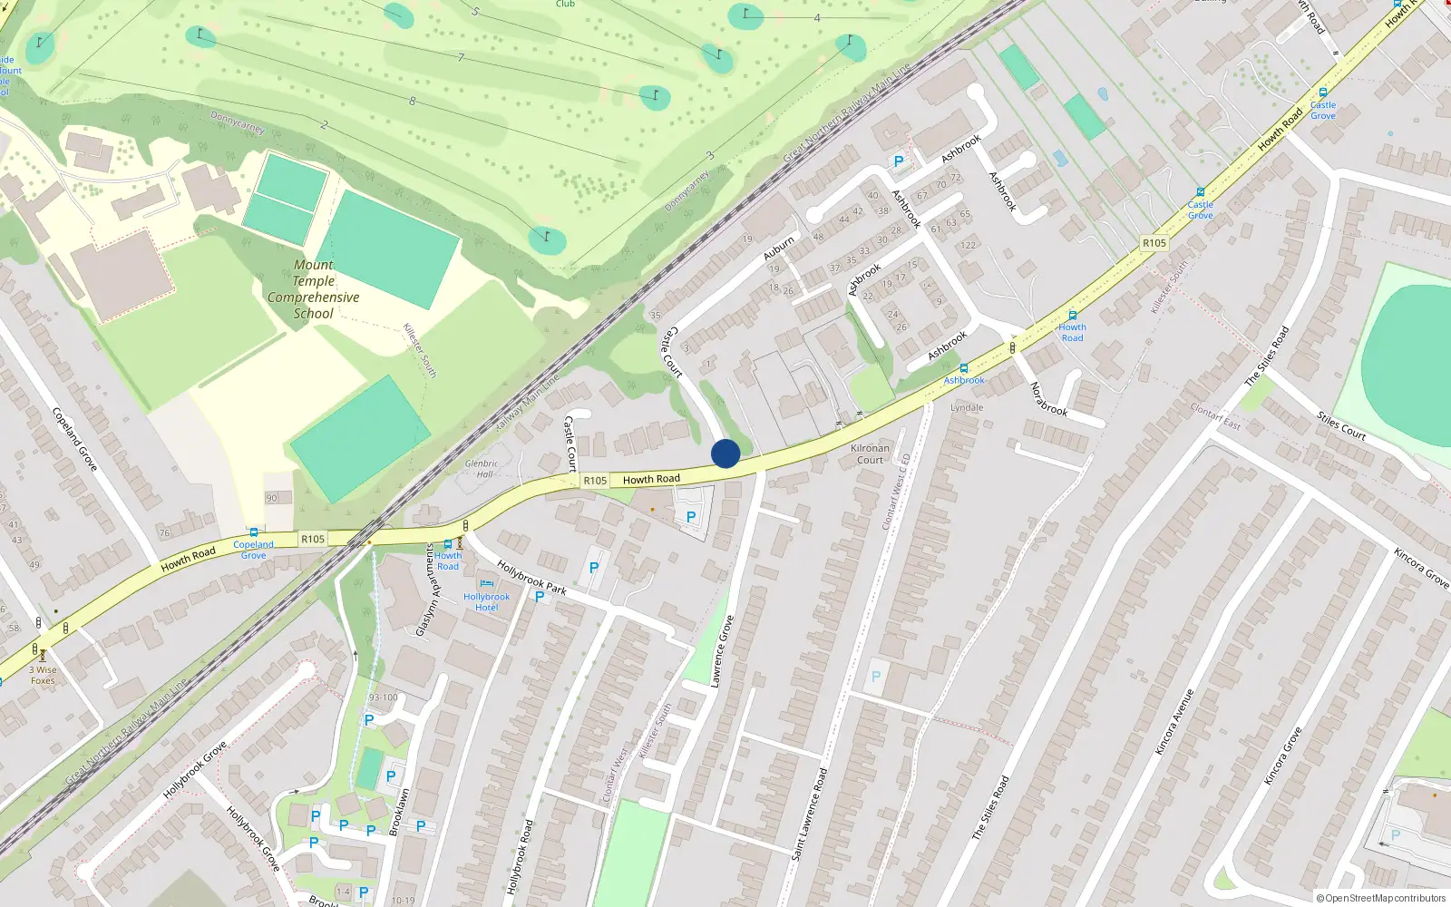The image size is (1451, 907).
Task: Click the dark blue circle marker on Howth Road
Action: pyautogui.click(x=725, y=453)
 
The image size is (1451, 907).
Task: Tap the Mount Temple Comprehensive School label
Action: pyautogui.click(x=314, y=289)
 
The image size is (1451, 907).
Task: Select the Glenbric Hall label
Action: pyautogui.click(x=482, y=469)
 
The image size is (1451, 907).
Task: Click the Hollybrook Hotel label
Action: pyautogui.click(x=487, y=601)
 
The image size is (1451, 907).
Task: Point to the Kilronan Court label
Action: pyautogui.click(x=870, y=453)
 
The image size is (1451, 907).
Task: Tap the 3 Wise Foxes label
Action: pyautogui.click(x=42, y=675)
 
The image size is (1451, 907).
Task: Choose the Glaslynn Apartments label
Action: pyautogui.click(x=424, y=590)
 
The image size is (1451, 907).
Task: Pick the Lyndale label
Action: pyautogui.click(x=967, y=407)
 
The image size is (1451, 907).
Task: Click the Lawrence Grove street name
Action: pyautogui.click(x=722, y=651)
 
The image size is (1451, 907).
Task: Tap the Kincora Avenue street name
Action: pyautogui.click(x=1174, y=721)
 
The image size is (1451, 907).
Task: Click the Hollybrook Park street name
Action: pyautogui.click(x=531, y=577)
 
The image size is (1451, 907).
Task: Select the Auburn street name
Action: pyautogui.click(x=778, y=248)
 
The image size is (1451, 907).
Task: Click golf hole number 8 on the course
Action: pyautogui.click(x=413, y=101)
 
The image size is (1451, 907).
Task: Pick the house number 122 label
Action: pyautogui.click(x=969, y=245)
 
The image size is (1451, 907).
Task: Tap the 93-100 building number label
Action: pyautogui.click(x=383, y=697)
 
